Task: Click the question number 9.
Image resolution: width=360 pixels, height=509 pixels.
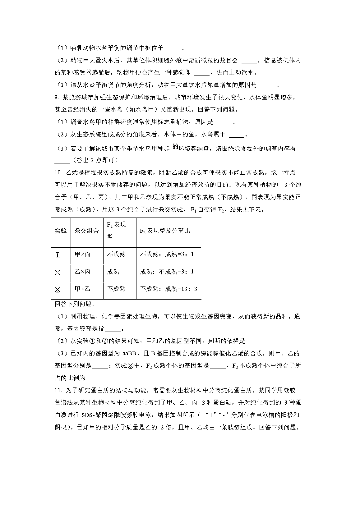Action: [x=56, y=98]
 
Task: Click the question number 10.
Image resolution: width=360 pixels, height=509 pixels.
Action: [x=58, y=172]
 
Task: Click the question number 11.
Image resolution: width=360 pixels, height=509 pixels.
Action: [x=58, y=390]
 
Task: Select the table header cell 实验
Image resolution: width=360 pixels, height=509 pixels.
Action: [x=61, y=231]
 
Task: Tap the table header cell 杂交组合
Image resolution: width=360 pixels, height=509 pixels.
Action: [x=87, y=231]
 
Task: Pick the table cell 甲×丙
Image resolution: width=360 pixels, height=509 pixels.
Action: [x=82, y=254]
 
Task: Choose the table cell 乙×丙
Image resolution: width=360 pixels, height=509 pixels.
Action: [x=82, y=272]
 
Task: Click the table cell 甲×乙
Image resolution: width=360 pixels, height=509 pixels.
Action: [x=82, y=289]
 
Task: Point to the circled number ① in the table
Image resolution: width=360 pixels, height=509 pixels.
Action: [x=58, y=255]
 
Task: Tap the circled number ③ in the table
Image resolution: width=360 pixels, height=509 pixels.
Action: [x=58, y=290]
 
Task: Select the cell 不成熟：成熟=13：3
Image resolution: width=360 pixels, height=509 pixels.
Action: [x=168, y=289]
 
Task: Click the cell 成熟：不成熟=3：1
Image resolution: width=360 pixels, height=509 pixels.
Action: [x=167, y=272]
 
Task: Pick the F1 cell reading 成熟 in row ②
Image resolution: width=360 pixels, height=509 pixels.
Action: [x=113, y=272]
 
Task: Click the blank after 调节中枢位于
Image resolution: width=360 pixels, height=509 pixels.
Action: [x=173, y=48]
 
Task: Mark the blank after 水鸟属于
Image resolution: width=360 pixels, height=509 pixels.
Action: [x=237, y=135]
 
